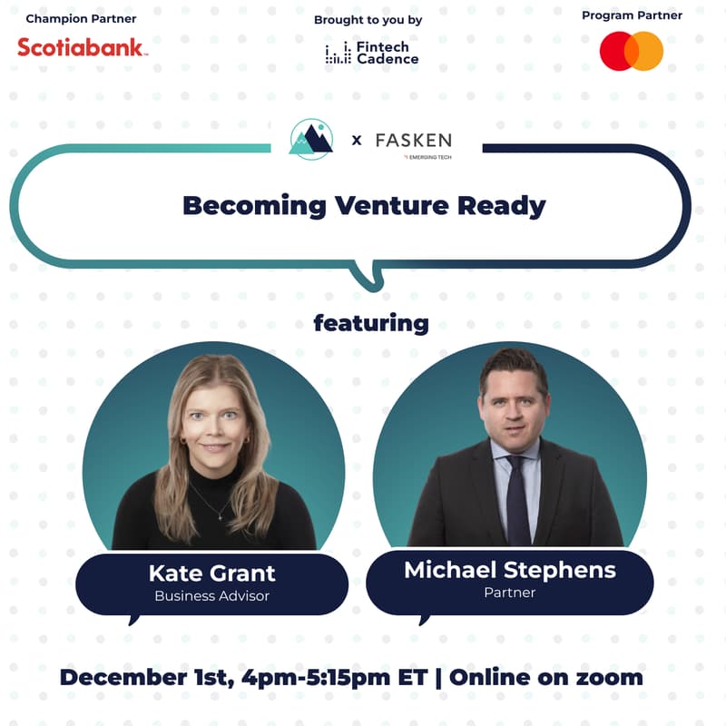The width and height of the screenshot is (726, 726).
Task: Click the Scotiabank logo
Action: (82, 47)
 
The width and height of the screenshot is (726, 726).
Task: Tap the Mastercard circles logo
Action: (632, 51)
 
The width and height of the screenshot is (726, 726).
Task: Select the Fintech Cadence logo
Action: (372, 53)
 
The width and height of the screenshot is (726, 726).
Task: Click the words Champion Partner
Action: (81, 18)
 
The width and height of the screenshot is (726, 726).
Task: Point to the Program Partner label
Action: (632, 15)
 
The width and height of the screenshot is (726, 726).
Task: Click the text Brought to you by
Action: (368, 19)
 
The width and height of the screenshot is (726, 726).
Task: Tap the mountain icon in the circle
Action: (311, 139)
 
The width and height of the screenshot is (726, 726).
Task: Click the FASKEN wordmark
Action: (413, 141)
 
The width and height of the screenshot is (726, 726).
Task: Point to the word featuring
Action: (370, 323)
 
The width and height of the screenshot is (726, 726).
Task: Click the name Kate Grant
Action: (211, 574)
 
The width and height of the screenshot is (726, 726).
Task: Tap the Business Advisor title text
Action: (211, 596)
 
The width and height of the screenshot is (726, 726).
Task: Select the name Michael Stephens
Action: (509, 570)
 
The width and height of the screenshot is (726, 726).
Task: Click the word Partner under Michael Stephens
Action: (509, 593)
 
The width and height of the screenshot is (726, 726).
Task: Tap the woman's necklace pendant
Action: (218, 515)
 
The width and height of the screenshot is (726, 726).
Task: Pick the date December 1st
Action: (144, 677)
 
